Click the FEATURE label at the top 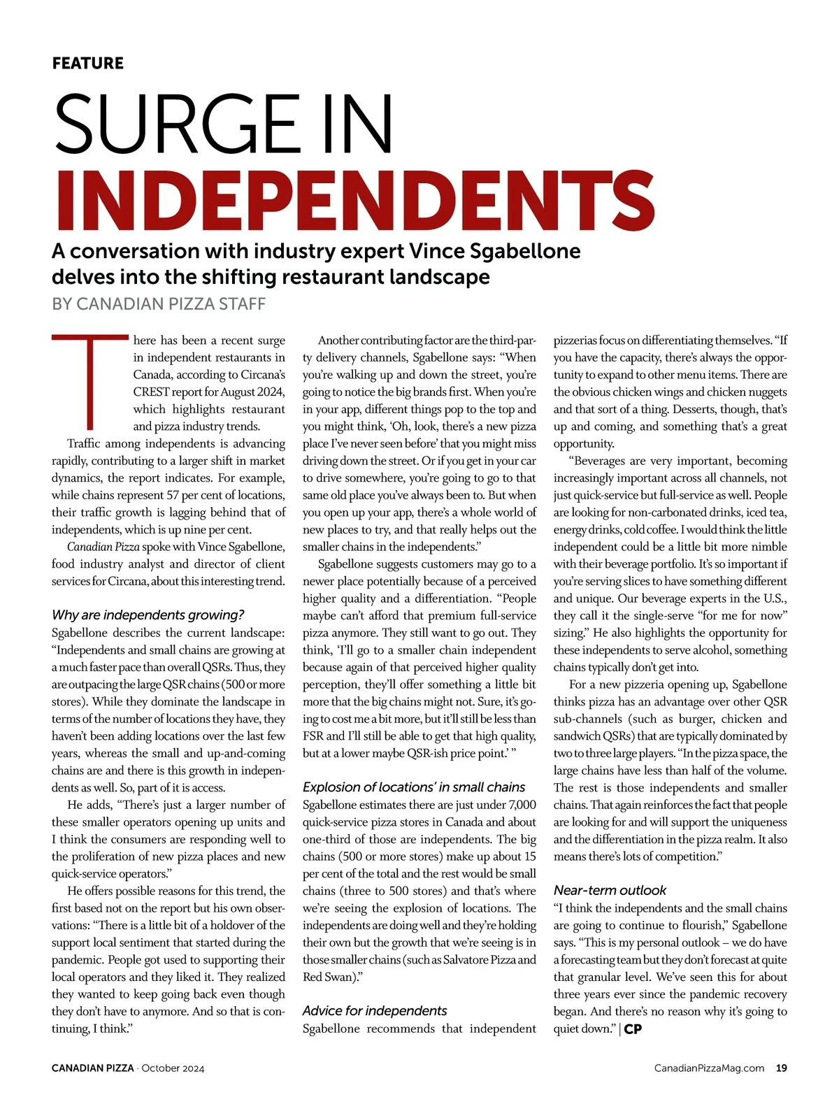click(x=87, y=63)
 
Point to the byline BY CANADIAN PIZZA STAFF click(x=159, y=304)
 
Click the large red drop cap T click(x=89, y=382)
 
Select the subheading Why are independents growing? click(x=148, y=615)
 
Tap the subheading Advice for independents click(x=374, y=1010)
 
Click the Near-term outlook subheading click(x=610, y=890)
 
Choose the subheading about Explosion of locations click(x=414, y=787)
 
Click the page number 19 click(x=782, y=1068)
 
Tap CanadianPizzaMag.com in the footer click(x=709, y=1068)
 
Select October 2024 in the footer click(x=173, y=1068)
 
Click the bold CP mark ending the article click(x=633, y=1029)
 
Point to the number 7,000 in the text click(x=522, y=805)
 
